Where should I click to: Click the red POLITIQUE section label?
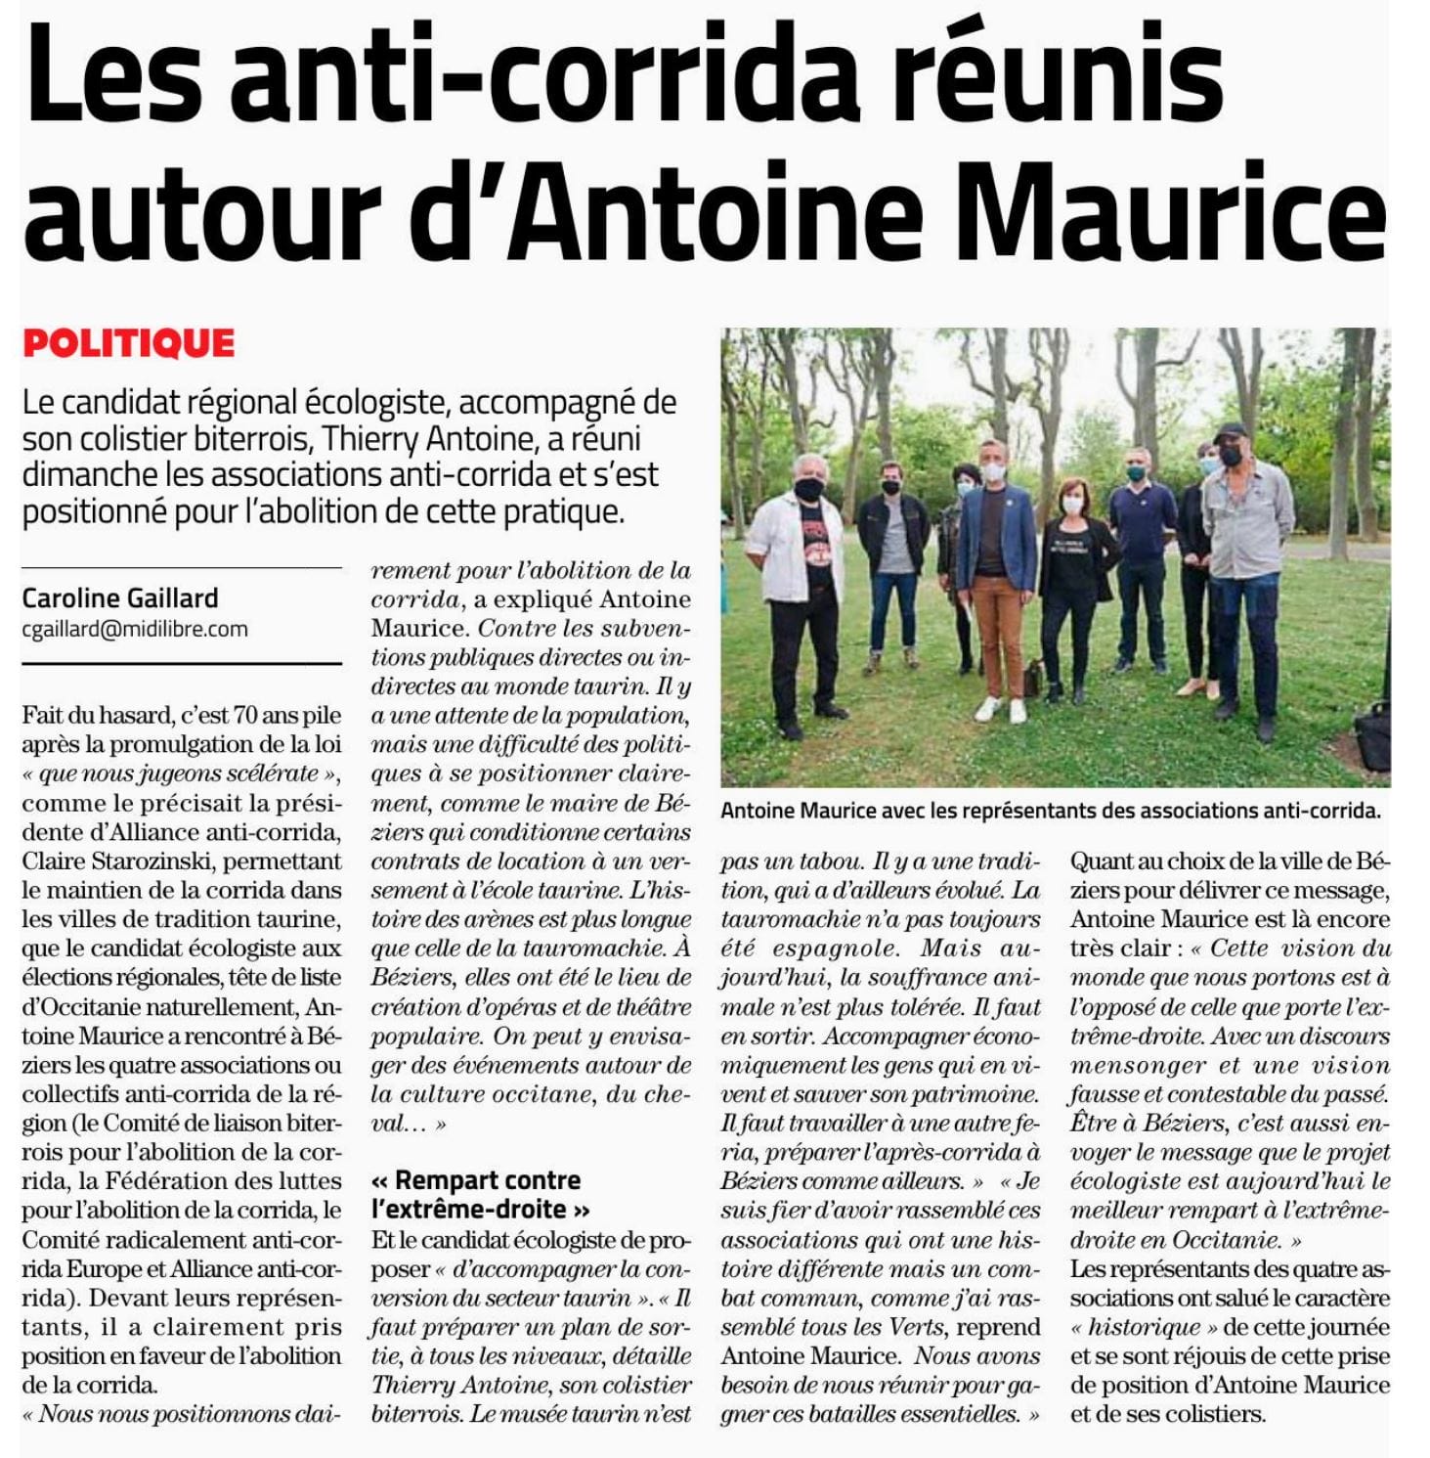coord(128,343)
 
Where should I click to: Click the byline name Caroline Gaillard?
coord(120,597)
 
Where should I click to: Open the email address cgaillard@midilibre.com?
coord(135,629)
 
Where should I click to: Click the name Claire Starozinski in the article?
coord(182,862)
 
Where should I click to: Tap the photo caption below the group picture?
coord(1051,811)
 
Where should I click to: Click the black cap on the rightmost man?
coord(1230,431)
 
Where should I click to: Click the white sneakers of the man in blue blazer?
coord(1002,709)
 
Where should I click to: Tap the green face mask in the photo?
coord(1135,473)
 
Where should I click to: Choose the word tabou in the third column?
coord(828,862)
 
